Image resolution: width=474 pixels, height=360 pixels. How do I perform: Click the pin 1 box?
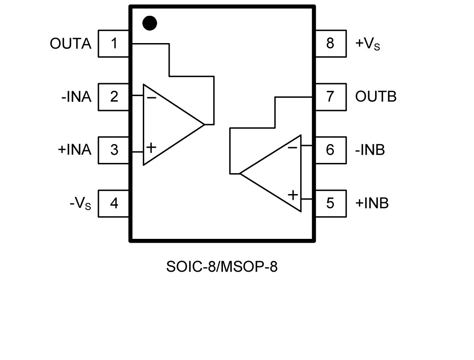point(114,44)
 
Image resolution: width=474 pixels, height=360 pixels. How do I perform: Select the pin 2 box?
point(114,97)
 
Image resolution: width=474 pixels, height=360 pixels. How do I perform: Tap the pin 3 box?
point(114,150)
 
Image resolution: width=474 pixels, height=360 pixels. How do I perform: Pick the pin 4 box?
point(114,203)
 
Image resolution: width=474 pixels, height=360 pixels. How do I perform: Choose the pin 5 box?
point(330,203)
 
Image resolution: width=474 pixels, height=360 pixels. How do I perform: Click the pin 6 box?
point(330,150)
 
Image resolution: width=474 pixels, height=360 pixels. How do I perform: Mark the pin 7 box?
point(330,97)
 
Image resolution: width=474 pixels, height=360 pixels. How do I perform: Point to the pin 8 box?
point(330,44)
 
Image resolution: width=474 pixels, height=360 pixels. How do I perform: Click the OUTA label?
point(71,44)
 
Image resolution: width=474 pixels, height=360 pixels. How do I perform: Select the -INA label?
point(76,97)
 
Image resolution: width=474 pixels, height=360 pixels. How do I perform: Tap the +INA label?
point(75,150)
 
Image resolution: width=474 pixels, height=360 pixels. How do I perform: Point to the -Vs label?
point(80,203)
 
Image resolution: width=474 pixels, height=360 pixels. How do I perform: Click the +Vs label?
point(367,44)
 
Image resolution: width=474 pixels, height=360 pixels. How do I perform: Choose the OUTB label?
point(376,97)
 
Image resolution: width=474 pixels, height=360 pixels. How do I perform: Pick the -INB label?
point(370,150)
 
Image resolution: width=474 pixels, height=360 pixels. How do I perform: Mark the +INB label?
point(372,203)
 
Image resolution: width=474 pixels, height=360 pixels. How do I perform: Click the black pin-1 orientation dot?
point(150,23)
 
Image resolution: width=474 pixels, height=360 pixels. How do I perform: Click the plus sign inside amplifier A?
point(151,148)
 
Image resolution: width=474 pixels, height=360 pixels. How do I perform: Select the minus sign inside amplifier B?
point(292,148)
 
